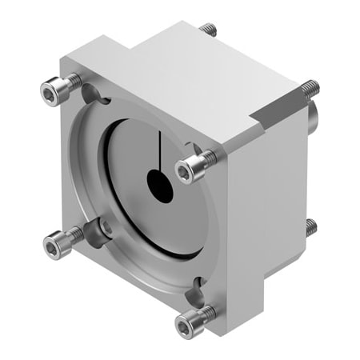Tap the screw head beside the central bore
coord(190,167)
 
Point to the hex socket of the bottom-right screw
coord(185,323)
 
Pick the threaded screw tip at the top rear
coord(210,29)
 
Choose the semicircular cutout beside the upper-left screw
coord(93,94)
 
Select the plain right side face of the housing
coord(268,208)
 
